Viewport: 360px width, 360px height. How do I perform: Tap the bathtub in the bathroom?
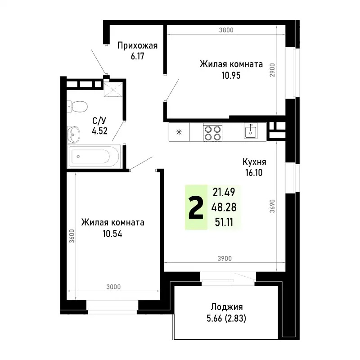[x=93, y=157]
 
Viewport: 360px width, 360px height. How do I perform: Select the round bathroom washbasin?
[x=73, y=133]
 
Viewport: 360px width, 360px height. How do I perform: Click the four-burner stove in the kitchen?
[x=212, y=132]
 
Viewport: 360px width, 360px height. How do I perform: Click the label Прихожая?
[x=137, y=45]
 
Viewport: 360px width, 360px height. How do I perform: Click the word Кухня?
[x=255, y=162]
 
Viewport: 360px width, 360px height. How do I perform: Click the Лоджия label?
[x=227, y=307]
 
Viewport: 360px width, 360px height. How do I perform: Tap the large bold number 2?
[x=196, y=208]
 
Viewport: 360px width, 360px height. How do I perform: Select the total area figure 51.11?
[x=225, y=220]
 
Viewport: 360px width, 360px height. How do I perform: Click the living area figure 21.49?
[x=224, y=193]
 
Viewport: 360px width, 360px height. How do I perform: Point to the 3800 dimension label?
[x=226, y=31]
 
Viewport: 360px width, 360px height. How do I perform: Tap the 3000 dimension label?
[x=114, y=287]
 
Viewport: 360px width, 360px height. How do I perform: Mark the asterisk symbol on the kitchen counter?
[x=179, y=132]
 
